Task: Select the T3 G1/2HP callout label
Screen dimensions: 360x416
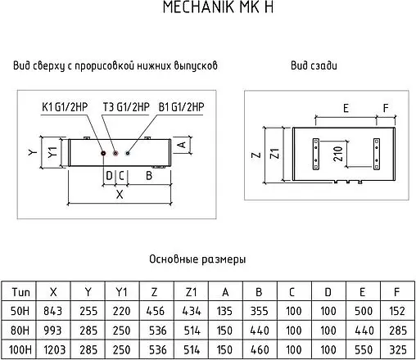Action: [125, 106]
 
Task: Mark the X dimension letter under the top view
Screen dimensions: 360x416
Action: [120, 195]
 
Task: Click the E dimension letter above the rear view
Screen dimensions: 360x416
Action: [346, 108]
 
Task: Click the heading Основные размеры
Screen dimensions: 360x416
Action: [197, 259]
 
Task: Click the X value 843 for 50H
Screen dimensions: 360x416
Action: [54, 311]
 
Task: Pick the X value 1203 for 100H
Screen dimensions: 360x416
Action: [54, 350]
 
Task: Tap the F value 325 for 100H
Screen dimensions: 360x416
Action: [396, 350]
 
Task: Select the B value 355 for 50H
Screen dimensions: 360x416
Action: [260, 311]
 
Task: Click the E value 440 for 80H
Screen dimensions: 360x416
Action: [362, 331]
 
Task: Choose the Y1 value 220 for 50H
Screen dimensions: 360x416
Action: [121, 311]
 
